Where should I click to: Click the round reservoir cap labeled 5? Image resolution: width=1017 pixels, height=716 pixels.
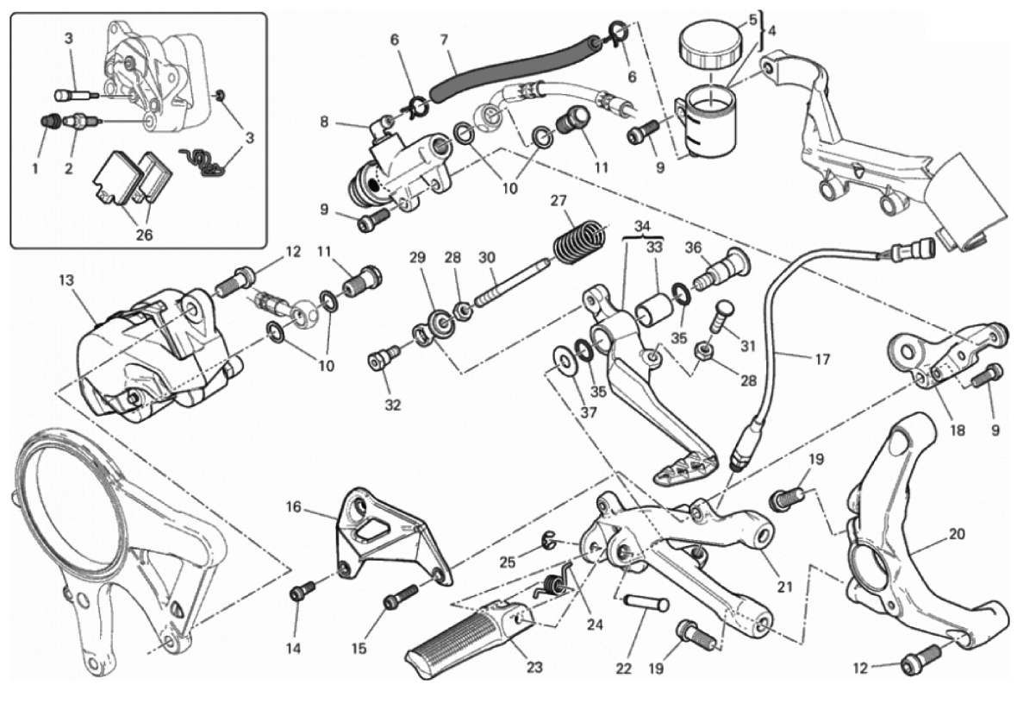coord(705,42)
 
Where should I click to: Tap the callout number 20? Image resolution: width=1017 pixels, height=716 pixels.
coord(956,534)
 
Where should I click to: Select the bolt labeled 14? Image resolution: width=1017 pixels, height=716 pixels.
coord(301,593)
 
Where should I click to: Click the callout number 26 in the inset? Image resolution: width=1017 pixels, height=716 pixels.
coord(143,234)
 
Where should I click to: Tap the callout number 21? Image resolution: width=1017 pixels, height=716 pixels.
coord(783,587)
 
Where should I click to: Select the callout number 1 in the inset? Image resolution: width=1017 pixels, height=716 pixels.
coord(35,169)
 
